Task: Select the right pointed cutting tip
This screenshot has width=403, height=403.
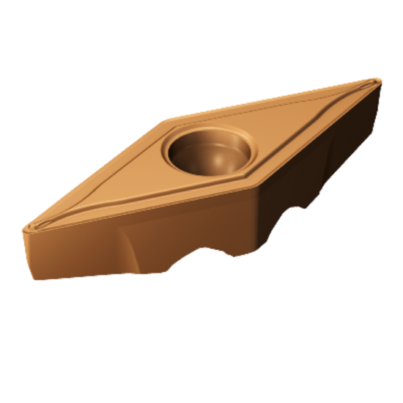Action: (377, 81)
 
